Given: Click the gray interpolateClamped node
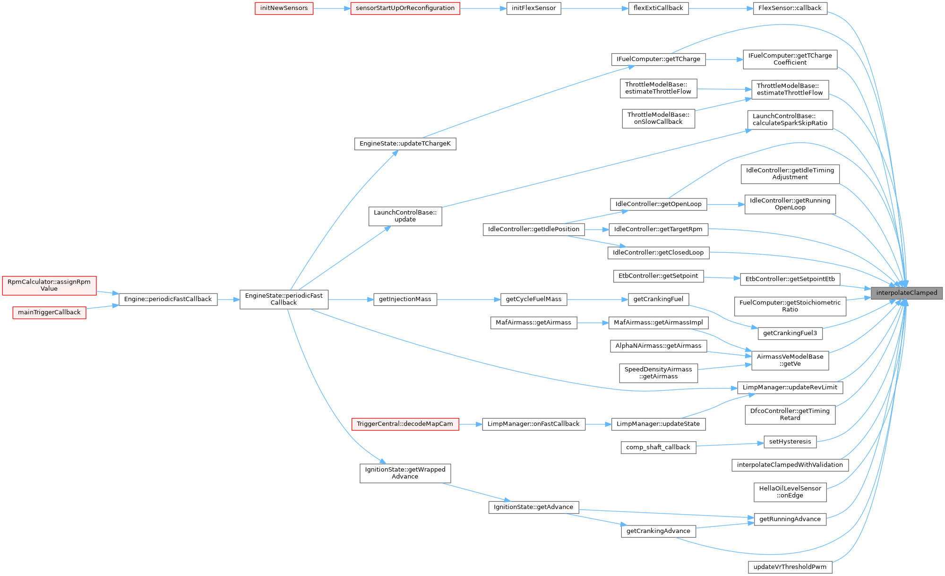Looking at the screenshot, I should (x=906, y=293).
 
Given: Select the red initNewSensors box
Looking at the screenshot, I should (x=284, y=8).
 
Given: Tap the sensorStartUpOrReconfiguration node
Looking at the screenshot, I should (x=405, y=8).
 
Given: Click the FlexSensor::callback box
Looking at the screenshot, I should (x=790, y=8).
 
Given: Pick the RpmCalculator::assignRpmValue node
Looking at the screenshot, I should (x=49, y=285).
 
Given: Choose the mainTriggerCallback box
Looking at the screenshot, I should (x=49, y=312).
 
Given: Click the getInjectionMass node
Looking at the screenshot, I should (x=405, y=299).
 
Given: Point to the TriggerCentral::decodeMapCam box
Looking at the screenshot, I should (x=404, y=424).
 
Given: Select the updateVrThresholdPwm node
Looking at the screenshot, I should (x=790, y=567).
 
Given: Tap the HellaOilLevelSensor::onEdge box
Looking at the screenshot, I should (x=790, y=492).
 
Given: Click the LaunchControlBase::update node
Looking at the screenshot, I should (x=405, y=216).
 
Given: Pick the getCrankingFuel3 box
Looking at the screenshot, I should (x=790, y=333).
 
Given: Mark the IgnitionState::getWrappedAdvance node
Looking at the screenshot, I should (x=405, y=473).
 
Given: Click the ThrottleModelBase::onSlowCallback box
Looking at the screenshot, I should (x=658, y=118).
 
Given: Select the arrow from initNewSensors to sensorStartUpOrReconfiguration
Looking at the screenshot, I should (x=332, y=8).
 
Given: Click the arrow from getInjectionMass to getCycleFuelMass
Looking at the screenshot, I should (x=469, y=299).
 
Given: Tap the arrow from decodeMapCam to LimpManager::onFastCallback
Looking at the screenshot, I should (x=470, y=424).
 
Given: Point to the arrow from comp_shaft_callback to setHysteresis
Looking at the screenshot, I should (x=730, y=444).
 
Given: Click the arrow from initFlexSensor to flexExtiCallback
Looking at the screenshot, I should (x=594, y=8).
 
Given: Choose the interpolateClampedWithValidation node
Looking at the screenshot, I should (x=790, y=465).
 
